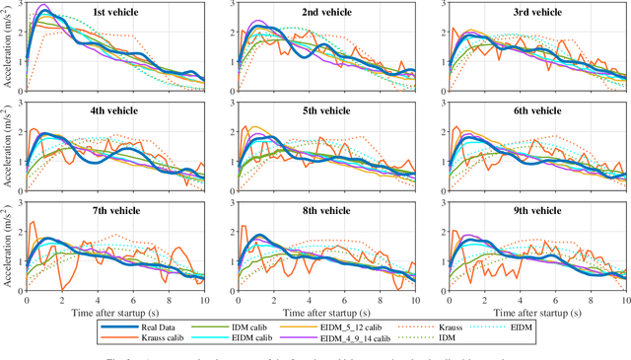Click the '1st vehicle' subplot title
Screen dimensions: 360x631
114,13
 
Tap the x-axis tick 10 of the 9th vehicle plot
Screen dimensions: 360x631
625,300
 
